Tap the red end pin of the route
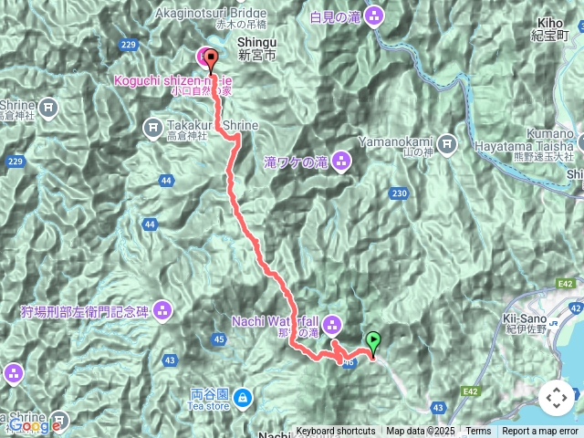point(211,60)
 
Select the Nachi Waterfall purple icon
point(332,322)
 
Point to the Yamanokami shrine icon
point(447,142)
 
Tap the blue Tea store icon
point(243,397)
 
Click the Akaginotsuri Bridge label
point(212,13)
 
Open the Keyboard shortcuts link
point(335,432)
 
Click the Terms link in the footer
point(478,432)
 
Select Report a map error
point(541,432)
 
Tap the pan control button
point(555,398)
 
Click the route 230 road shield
point(399,193)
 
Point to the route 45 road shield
point(218,340)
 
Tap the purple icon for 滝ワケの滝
point(340,162)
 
